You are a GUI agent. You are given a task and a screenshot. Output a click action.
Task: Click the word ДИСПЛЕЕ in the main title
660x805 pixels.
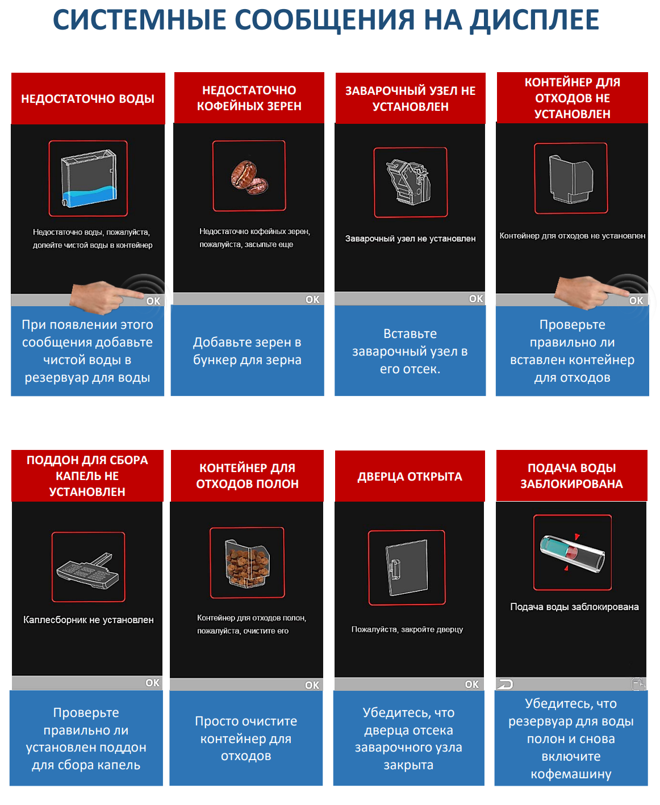tap(534, 20)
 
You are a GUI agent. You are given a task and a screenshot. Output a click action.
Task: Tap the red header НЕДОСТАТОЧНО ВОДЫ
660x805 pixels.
tap(88, 98)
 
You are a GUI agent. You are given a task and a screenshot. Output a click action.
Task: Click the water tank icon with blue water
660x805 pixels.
tap(89, 178)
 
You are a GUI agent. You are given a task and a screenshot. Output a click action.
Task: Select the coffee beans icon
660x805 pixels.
tap(249, 177)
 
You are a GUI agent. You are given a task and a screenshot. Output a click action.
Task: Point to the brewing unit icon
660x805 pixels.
tap(409, 182)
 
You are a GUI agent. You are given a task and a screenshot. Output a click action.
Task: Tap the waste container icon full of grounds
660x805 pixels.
tap(247, 564)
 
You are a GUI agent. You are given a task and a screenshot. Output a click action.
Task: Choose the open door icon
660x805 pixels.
tap(407, 567)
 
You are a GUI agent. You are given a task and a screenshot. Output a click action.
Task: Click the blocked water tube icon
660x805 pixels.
tap(572, 553)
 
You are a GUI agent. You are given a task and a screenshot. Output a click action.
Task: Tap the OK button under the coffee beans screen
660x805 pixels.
tap(312, 299)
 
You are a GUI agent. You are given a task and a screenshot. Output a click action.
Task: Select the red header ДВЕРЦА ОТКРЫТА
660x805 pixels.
tap(410, 476)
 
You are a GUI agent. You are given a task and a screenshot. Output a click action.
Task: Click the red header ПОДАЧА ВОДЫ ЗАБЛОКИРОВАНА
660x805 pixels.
tap(572, 476)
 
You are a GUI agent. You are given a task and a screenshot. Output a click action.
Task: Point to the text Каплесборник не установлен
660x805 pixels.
tap(89, 619)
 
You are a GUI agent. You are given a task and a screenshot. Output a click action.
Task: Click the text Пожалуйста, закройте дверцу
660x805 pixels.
tap(407, 629)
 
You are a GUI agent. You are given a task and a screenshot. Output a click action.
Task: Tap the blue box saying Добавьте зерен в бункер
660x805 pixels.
tap(247, 351)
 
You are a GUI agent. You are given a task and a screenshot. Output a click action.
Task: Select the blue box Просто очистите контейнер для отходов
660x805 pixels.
tap(246, 738)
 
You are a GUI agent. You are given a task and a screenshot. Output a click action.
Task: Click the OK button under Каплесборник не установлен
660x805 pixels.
tap(152, 683)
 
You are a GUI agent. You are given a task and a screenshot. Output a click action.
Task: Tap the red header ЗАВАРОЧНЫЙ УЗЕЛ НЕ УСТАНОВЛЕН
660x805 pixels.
tap(410, 98)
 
